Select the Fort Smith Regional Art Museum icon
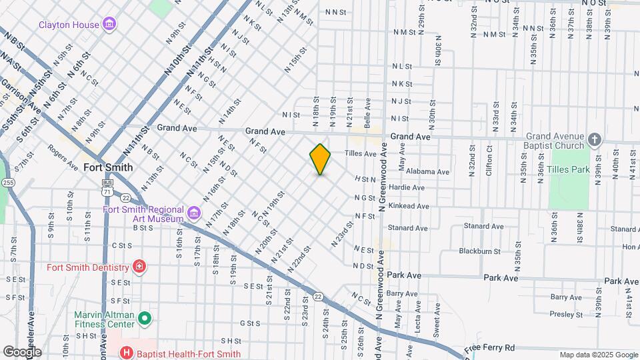[x=193, y=213]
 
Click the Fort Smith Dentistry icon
[x=139, y=267]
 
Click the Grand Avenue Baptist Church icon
[x=595, y=141]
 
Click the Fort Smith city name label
[x=108, y=167]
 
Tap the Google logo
[x=21, y=352]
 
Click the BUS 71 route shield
[x=107, y=186]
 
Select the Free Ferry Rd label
[x=491, y=347]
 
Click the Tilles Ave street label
[x=360, y=153]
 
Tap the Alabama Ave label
[x=427, y=171]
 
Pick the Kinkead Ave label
[x=409, y=206]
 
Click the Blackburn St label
[x=479, y=251]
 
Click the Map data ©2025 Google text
[x=598, y=355]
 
